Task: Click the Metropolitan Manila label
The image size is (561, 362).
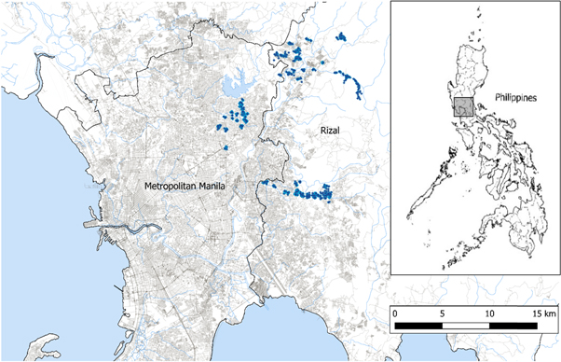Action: pyautogui.click(x=186, y=187)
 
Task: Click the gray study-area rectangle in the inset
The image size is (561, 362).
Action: pyautogui.click(x=464, y=105)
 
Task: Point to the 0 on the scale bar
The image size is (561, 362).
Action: pyautogui.click(x=395, y=312)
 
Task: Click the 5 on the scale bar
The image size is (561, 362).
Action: pyautogui.click(x=442, y=312)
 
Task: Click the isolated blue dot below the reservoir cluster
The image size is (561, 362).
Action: pyautogui.click(x=226, y=146)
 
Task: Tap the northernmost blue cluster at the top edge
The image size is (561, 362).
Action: pyautogui.click(x=340, y=37)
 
